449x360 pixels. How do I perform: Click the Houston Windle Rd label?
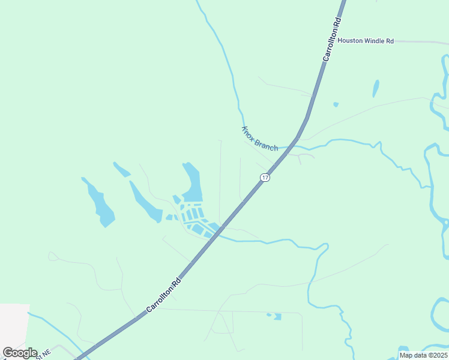(365, 41)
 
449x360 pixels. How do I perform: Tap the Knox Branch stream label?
(259, 138)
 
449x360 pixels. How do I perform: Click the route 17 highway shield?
(265, 177)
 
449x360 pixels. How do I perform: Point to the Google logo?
(20, 352)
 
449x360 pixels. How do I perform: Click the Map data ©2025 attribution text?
(423, 355)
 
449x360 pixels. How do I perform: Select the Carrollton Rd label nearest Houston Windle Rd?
(331, 40)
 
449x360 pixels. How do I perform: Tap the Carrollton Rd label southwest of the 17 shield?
(163, 295)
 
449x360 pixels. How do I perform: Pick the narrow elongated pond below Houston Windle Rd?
(376, 88)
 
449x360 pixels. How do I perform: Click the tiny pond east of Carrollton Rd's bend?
(336, 104)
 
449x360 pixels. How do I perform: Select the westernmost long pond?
(99, 202)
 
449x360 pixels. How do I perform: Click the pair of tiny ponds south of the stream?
(274, 316)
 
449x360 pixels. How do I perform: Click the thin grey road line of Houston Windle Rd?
(420, 42)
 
